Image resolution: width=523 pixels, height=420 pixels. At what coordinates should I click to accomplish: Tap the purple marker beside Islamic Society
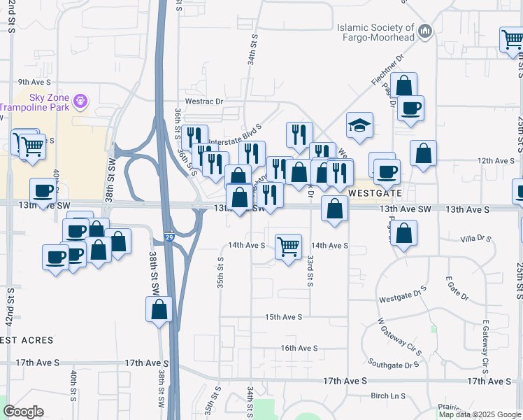425,31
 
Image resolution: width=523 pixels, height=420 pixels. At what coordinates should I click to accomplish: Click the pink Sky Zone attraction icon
80,101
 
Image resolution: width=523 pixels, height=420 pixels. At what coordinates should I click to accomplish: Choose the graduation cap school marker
359,125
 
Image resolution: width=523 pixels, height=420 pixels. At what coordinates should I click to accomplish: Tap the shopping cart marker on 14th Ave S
288,246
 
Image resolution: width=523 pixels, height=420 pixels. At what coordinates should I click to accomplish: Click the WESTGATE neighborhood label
375,192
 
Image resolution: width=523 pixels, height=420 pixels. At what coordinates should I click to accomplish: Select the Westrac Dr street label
204,101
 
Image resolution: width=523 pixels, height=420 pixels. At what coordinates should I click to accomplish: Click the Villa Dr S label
476,239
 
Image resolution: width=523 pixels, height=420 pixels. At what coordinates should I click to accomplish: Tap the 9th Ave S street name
32,82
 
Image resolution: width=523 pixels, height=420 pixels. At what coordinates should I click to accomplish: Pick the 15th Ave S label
283,317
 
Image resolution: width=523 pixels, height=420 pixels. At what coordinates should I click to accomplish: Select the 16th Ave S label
299,348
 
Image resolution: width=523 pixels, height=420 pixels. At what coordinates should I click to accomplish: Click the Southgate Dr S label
394,365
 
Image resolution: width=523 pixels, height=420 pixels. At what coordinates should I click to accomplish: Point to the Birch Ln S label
388,396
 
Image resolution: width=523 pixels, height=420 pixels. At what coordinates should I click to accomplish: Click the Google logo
23,412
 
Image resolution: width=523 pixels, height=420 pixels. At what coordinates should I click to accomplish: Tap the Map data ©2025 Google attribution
479,414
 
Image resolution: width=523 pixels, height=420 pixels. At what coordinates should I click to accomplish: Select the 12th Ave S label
496,160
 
